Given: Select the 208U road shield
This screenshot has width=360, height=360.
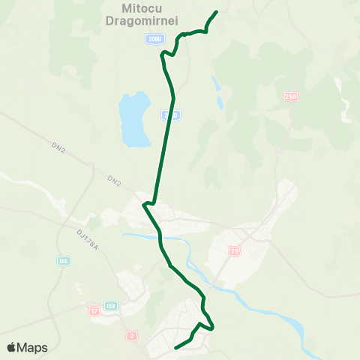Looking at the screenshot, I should click(154, 39).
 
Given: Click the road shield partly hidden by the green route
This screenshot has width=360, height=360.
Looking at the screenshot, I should click(172, 115).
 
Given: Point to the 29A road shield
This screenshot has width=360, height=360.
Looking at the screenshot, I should click(291, 97).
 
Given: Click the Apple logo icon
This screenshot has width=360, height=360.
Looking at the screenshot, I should click(12, 347).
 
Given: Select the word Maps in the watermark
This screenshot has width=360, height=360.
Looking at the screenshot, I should click(34, 347).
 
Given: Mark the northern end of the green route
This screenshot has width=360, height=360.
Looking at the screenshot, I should click(216, 12).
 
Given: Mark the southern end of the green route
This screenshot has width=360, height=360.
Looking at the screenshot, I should click(175, 348).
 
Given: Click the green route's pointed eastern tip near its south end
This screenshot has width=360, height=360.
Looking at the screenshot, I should click(214, 327).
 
